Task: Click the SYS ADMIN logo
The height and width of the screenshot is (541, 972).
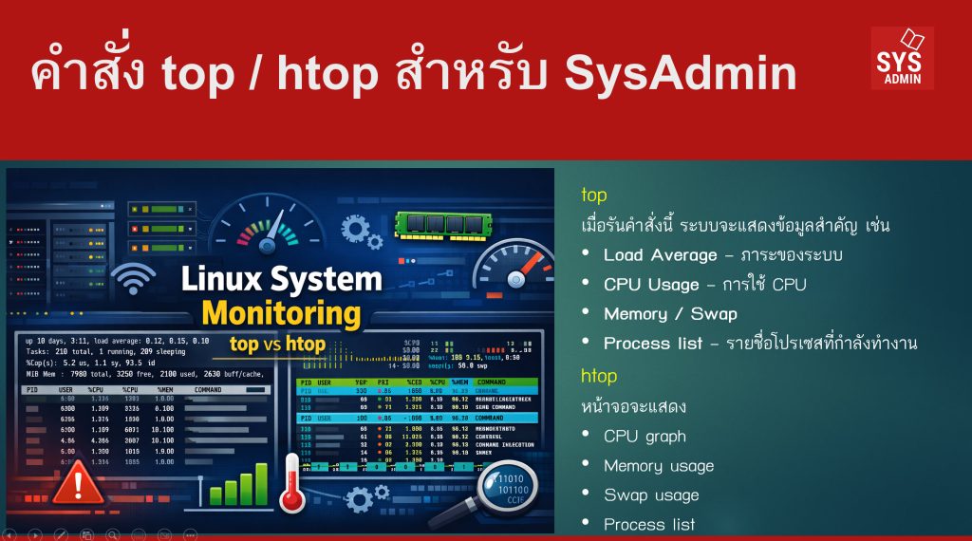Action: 902,57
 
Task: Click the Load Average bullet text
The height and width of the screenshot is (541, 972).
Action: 661,255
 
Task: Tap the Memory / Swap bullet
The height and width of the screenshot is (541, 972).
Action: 670,313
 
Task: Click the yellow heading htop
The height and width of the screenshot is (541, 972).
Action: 599,376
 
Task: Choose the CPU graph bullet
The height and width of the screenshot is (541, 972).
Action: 645,437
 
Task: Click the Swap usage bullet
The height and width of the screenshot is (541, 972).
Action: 651,494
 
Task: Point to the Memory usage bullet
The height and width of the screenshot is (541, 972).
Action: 659,466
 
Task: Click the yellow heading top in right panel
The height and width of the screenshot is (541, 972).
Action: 594,196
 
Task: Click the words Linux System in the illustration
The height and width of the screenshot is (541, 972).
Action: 281,278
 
